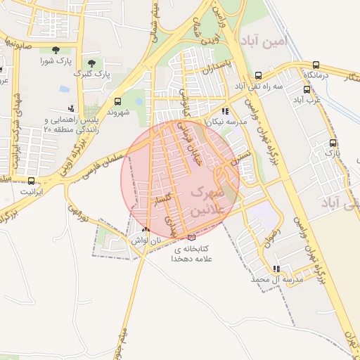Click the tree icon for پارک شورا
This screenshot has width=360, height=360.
(x=55, y=49)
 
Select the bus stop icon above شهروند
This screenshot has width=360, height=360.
(x=117, y=101)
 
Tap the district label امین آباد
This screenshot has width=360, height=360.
(x=263, y=41)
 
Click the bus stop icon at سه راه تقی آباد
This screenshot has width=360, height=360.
(x=258, y=76)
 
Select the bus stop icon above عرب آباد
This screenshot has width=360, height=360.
(x=307, y=89)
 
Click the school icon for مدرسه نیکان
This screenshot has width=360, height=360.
(x=224, y=111)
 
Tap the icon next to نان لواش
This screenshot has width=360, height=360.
(x=146, y=230)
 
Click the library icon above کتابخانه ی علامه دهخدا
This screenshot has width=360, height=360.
(x=191, y=237)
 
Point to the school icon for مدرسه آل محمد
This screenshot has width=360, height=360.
(x=276, y=269)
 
